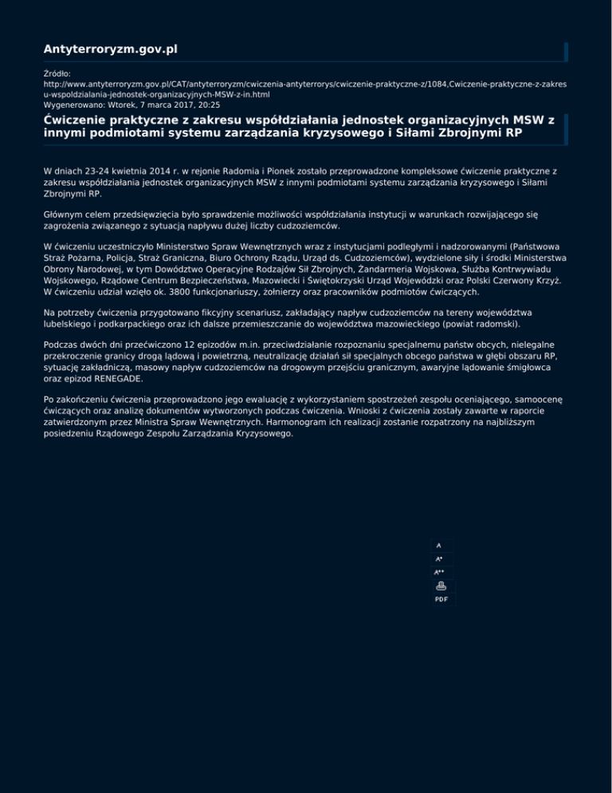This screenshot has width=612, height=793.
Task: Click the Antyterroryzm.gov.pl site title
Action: coord(110,50)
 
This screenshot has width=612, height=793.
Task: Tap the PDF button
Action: coord(441,598)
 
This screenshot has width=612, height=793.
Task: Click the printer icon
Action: coord(441,586)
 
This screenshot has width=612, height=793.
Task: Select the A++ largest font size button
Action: coord(439,572)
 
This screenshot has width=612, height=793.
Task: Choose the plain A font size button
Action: coord(438,546)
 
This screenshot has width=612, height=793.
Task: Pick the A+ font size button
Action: coord(438,558)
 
